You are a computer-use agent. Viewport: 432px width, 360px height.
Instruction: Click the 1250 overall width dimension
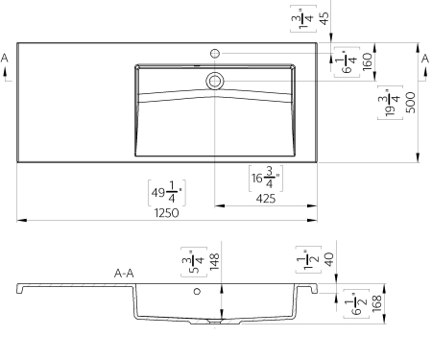point(166,213)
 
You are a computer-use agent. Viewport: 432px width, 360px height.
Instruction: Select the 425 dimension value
point(266,199)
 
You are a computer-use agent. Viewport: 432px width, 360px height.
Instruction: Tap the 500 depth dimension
point(411,103)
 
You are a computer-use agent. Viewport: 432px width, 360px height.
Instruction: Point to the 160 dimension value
point(368,61)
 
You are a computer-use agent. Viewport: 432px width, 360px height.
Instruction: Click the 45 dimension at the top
point(324,18)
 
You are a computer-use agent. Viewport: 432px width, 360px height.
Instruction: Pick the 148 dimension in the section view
point(214,261)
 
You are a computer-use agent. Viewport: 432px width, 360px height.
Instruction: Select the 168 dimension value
point(377,303)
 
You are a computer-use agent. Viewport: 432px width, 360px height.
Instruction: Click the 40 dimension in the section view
point(328,259)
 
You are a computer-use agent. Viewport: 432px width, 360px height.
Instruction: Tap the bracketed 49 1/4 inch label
point(167,193)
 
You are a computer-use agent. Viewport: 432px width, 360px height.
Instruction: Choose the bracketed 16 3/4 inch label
point(266,179)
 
